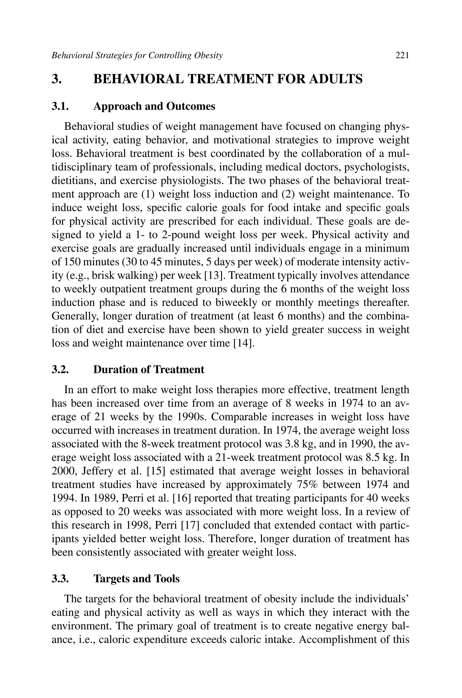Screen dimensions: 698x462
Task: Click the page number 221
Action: [x=402, y=55]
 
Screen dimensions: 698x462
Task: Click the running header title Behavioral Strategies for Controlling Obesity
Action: [x=137, y=55]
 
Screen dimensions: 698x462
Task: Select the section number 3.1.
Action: [x=60, y=106]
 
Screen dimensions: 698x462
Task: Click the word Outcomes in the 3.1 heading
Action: [x=191, y=106]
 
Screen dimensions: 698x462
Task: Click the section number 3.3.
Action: [x=60, y=579]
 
